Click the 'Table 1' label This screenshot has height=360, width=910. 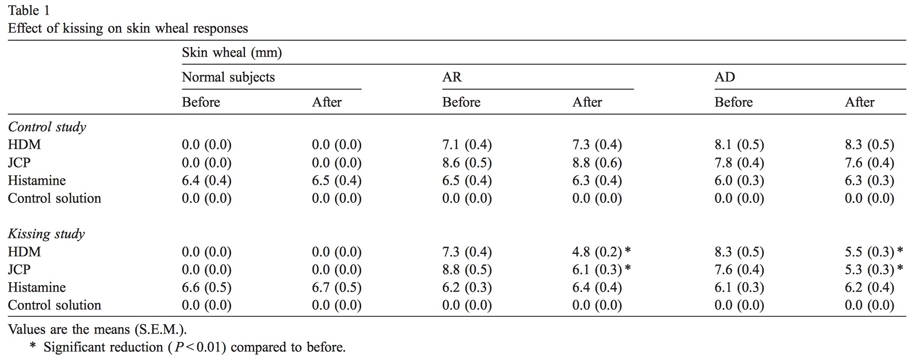(x=29, y=10)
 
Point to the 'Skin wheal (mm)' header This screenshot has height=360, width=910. (x=232, y=53)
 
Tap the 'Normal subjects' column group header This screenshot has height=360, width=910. (x=228, y=77)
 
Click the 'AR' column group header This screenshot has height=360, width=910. (x=452, y=77)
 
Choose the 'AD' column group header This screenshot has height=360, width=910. (x=725, y=77)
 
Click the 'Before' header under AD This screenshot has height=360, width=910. (x=733, y=102)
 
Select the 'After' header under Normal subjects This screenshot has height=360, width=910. (x=327, y=102)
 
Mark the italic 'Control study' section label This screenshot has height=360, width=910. (x=47, y=127)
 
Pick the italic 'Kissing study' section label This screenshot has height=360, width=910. (x=46, y=234)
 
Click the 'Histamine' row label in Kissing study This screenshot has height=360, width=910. (x=37, y=287)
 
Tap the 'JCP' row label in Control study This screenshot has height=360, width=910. (x=19, y=163)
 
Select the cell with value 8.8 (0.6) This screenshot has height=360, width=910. (x=597, y=163)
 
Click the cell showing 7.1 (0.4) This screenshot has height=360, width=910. (x=467, y=145)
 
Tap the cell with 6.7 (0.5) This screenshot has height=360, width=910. (x=336, y=287)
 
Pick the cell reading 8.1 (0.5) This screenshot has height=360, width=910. (x=739, y=145)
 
